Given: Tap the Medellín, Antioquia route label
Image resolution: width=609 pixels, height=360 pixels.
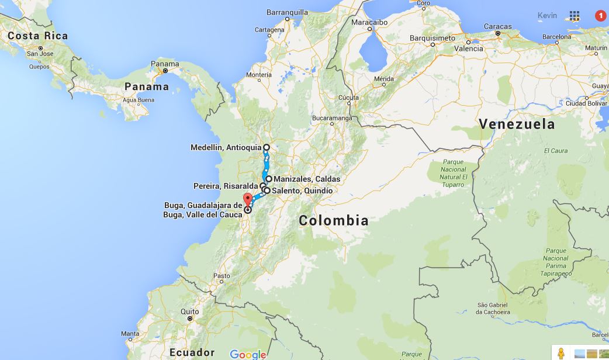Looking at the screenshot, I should tap(226, 147).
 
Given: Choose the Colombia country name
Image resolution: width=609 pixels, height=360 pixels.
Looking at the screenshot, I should tap(334, 220).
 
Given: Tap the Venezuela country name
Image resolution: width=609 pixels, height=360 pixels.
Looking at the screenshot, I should tap(516, 124).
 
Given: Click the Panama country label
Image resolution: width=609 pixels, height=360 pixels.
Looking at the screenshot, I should tap(147, 86).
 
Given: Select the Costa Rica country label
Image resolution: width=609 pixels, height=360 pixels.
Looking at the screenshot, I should tap(37, 36).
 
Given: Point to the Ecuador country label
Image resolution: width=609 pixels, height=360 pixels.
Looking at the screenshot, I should tap(192, 352).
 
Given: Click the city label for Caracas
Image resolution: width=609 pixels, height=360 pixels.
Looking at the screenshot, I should tap(497, 26).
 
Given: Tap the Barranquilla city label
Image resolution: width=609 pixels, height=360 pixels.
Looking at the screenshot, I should tap(287, 12).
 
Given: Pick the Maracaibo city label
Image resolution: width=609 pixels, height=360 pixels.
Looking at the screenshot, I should tap(369, 22).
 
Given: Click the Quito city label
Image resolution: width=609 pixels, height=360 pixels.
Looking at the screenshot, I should tap(189, 311).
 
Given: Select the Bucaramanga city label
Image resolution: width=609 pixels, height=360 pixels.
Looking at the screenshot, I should tap(331, 117).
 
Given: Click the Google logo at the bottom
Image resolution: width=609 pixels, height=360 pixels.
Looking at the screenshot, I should tap(248, 354).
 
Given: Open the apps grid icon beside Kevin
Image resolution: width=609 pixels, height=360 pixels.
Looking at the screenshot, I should tap(575, 16).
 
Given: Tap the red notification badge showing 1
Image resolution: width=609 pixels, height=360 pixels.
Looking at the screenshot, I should tap(600, 16).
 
